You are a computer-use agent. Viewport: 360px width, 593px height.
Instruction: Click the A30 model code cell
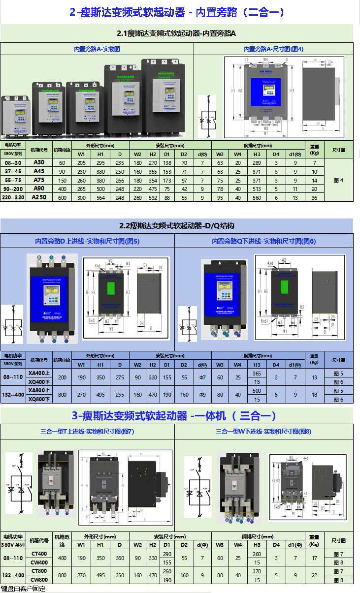pos(38,163)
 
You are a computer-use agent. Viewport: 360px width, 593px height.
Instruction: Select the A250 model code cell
pos(38,197)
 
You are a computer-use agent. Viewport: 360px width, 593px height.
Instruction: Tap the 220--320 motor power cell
pos(13,197)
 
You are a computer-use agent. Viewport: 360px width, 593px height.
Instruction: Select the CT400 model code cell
pos(39,554)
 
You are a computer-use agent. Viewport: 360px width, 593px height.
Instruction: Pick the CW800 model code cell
pos(39,580)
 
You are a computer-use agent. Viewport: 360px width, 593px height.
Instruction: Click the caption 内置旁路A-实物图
pos(97,49)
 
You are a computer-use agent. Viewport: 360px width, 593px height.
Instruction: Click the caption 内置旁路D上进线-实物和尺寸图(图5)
pos(87,241)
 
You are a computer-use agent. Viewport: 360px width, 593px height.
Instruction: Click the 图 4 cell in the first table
pos(338,180)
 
